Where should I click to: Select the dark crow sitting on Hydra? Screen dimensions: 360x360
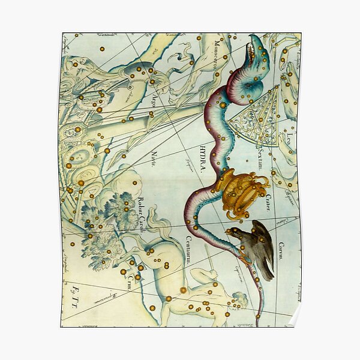[x=255, y=246]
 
